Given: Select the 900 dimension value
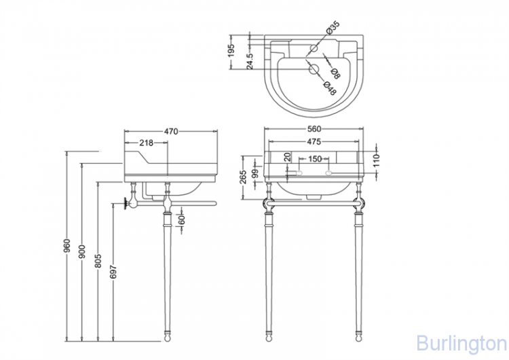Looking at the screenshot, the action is point(82,251).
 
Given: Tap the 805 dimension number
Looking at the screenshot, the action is point(98,261).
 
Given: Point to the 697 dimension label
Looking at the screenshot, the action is point(113,272).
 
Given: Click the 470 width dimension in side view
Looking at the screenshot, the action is point(171,131).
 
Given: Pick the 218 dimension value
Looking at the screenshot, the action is point(146,143).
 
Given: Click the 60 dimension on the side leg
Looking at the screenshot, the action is point(182,220).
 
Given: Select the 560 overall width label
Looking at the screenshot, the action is point(314,129).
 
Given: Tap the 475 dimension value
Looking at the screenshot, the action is point(314,142).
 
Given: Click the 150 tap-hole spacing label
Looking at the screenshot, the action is point(314,159).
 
